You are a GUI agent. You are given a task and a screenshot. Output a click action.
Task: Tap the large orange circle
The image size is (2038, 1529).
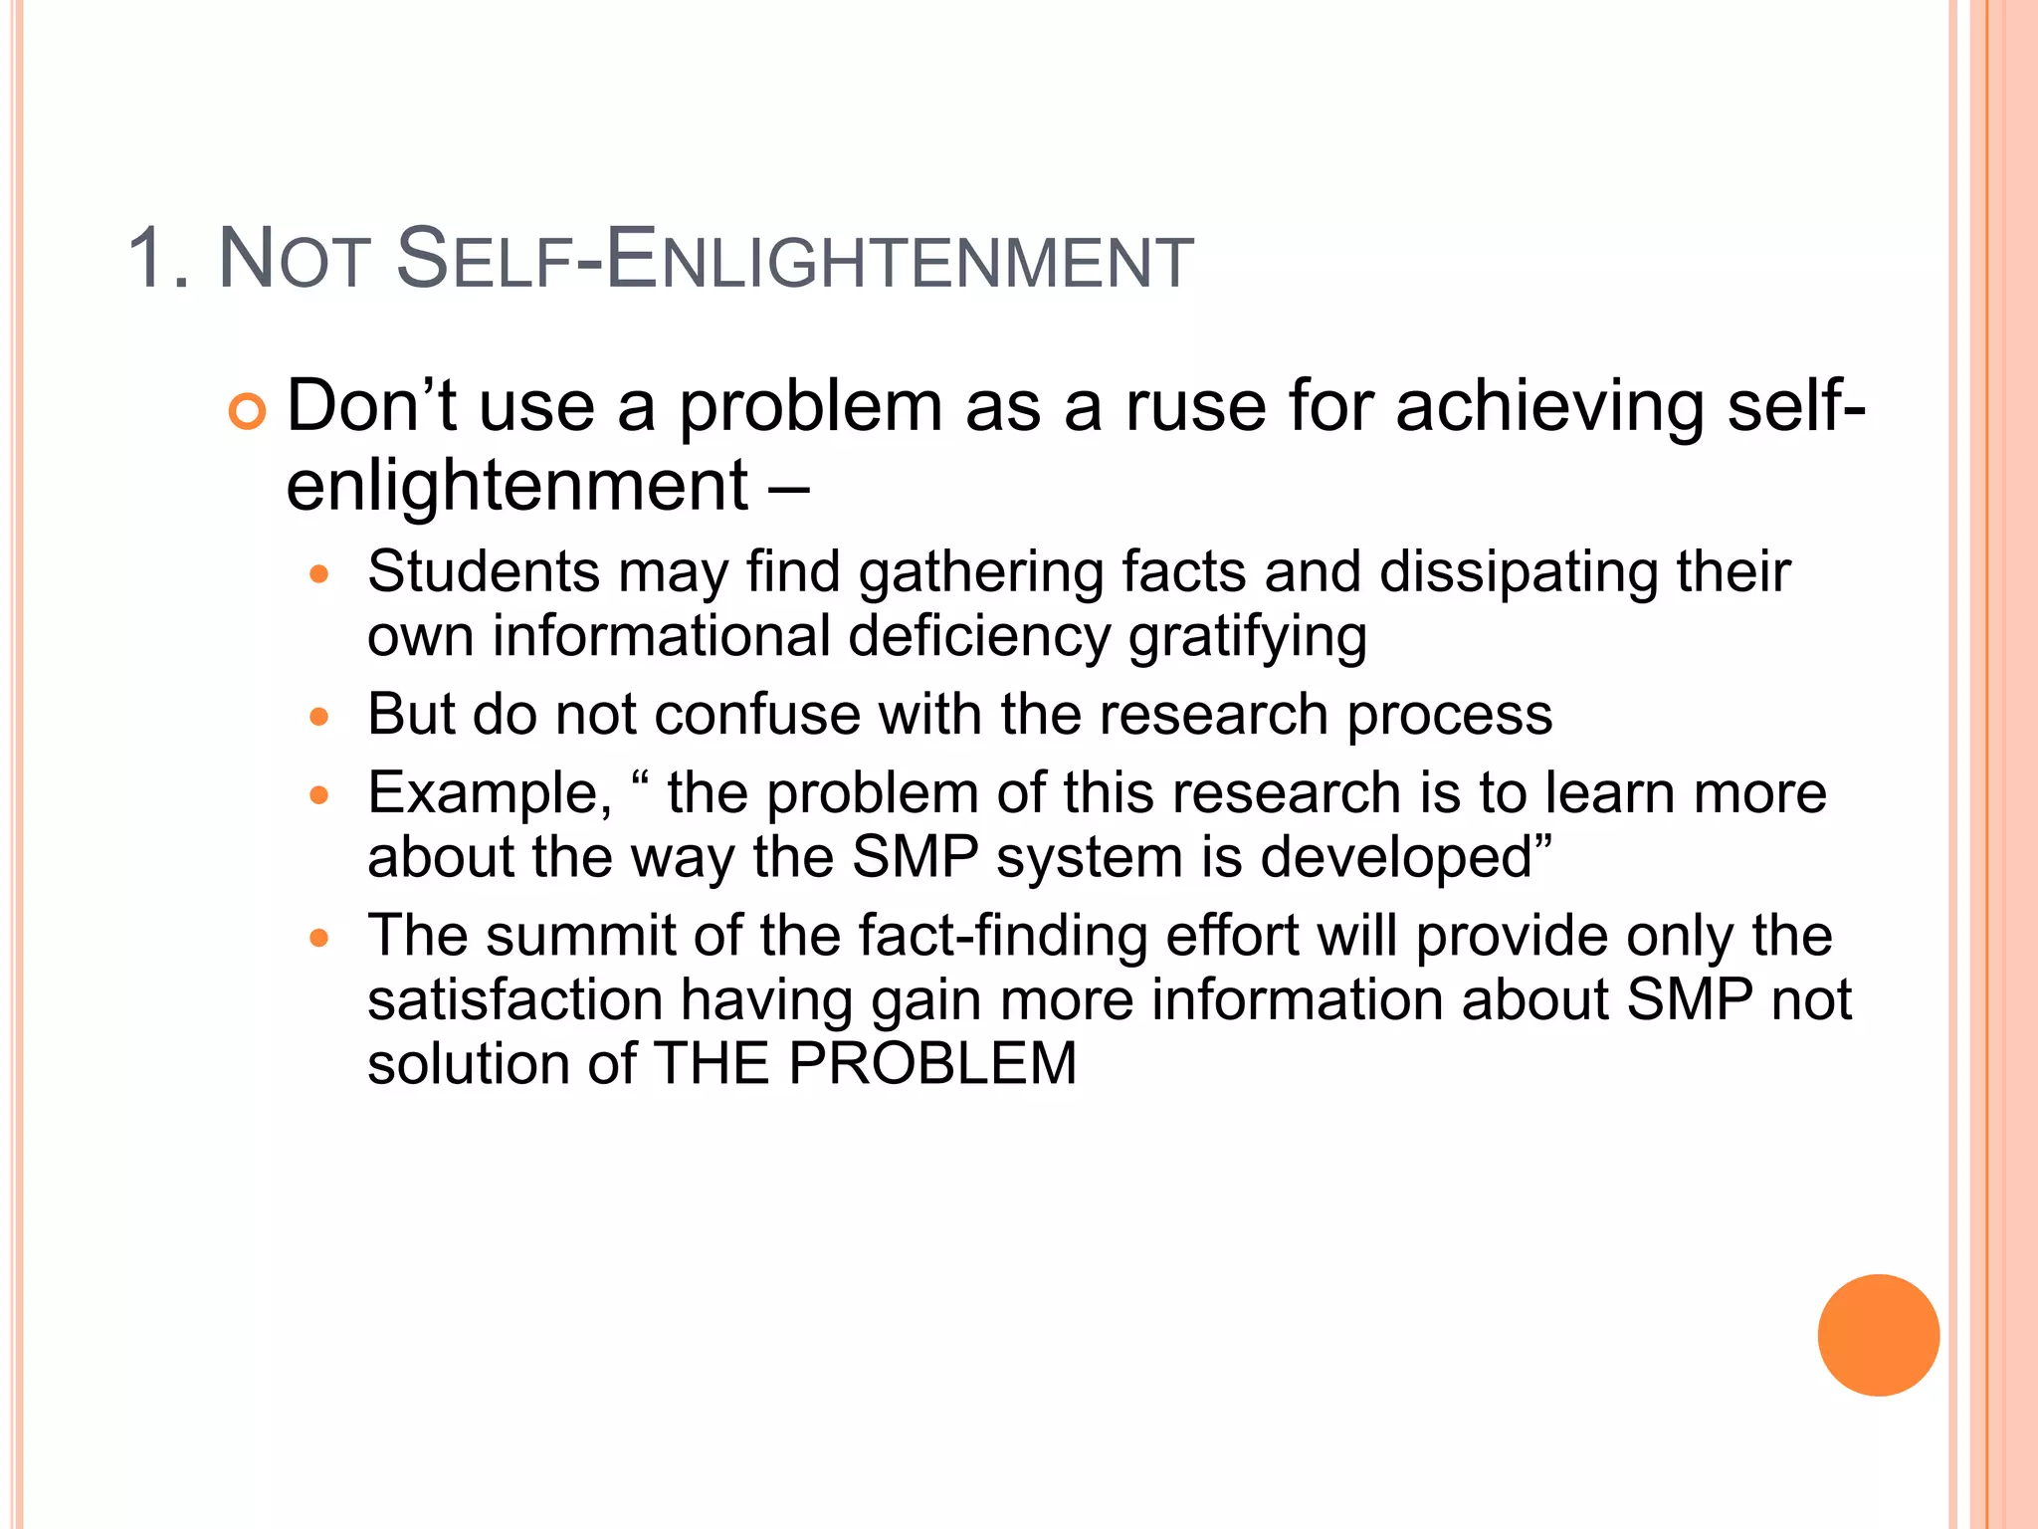pyautogui.click(x=1878, y=1335)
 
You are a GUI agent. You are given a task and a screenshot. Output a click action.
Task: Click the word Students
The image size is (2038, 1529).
pyautogui.click(x=484, y=572)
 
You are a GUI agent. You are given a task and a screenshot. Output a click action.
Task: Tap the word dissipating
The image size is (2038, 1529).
pyautogui.click(x=1519, y=572)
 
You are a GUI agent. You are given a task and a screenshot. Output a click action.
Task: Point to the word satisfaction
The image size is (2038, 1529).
pyautogui.click(x=514, y=999)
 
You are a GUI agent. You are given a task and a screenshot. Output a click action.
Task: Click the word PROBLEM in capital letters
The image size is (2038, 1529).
pyautogui.click(x=932, y=1063)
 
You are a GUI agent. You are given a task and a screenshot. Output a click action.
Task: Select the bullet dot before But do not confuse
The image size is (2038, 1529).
pyautogui.click(x=318, y=716)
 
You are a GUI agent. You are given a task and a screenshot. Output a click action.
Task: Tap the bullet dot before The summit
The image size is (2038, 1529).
pyautogui.click(x=318, y=937)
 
